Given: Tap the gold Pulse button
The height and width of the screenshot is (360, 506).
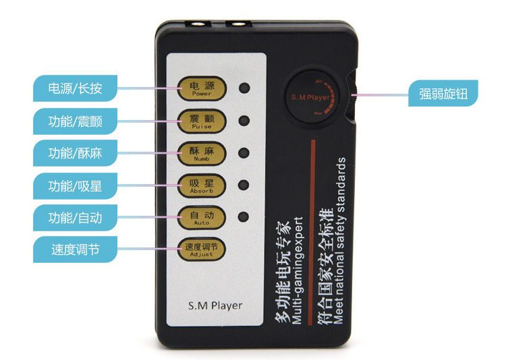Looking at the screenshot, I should (x=201, y=122).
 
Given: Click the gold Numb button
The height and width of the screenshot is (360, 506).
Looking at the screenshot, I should (x=201, y=153).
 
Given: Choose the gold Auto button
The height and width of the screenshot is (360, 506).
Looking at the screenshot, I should (x=201, y=217).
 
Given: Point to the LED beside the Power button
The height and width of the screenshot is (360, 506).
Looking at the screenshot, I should (x=244, y=88).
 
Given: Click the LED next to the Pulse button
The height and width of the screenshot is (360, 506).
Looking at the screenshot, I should (x=244, y=121).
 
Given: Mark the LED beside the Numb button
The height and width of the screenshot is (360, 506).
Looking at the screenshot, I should (x=244, y=152).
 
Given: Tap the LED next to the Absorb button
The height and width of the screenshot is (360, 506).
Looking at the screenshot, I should (x=244, y=184).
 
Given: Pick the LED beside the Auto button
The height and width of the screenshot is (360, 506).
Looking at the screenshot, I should (x=244, y=217).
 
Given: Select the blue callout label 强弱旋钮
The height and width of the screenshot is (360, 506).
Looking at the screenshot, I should (x=443, y=93).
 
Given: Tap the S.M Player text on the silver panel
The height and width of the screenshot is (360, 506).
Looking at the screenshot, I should (x=215, y=305).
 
